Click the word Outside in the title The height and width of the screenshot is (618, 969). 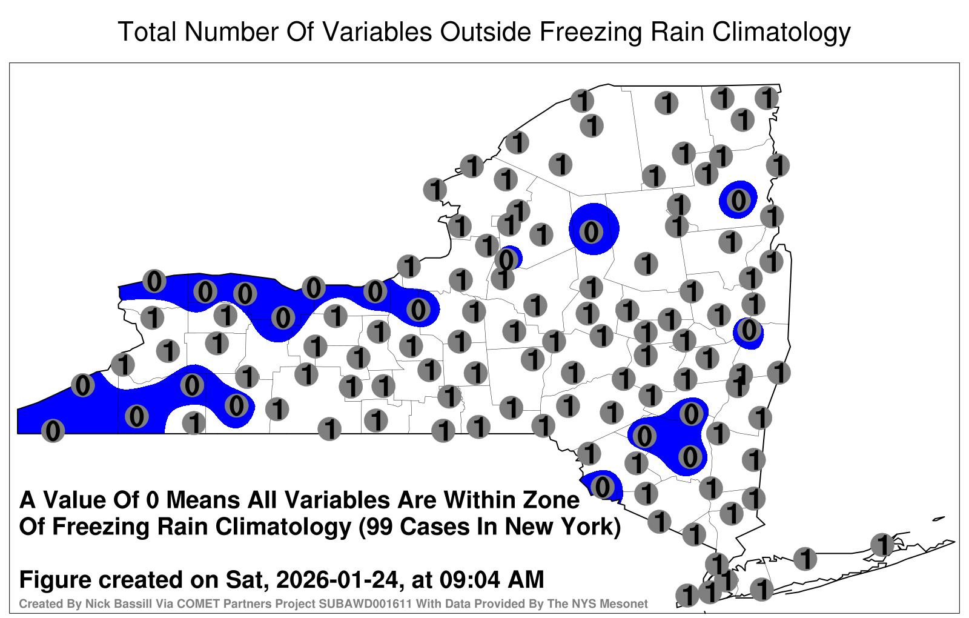point(486,32)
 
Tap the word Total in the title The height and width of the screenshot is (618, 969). point(147,32)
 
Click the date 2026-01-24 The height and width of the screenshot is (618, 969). point(337,579)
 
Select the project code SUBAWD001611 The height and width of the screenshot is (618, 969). point(365,603)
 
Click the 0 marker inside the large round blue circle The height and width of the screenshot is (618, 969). point(591,231)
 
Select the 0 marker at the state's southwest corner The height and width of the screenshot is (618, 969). point(53,431)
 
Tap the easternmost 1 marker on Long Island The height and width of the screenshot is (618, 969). point(882,545)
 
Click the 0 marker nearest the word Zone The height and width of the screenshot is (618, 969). point(602,487)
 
